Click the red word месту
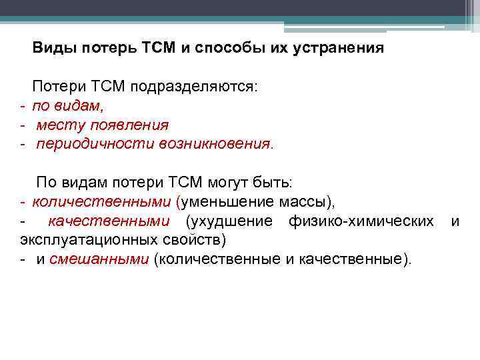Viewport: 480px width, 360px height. click(57, 125)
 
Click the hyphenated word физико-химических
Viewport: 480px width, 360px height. click(361, 221)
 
